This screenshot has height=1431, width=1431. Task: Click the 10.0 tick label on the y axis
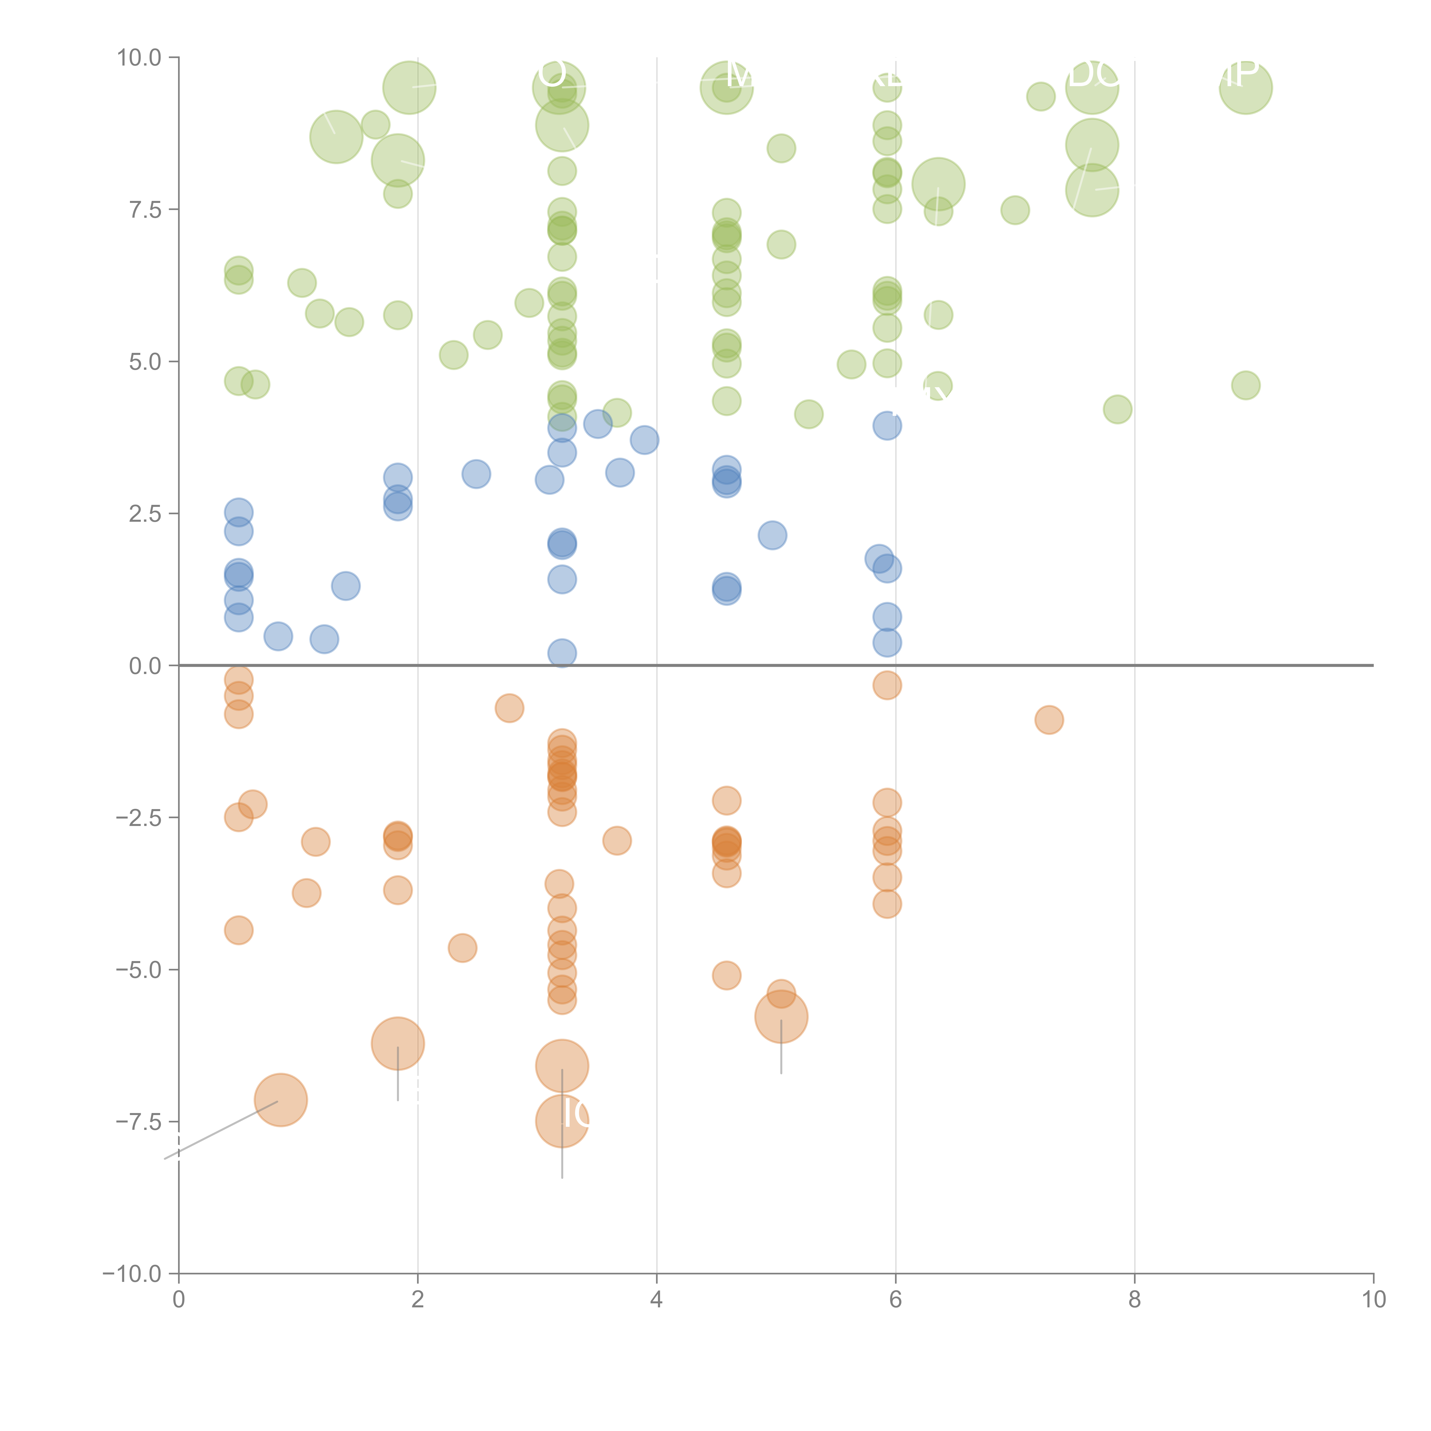(139, 58)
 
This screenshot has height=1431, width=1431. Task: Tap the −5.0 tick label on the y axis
(139, 970)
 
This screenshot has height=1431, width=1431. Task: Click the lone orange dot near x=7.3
(1049, 719)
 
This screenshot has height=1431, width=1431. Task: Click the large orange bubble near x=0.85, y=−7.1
(281, 1100)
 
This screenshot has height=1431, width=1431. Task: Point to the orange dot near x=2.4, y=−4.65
(462, 948)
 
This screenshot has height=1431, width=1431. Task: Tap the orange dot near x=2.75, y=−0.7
(510, 708)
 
